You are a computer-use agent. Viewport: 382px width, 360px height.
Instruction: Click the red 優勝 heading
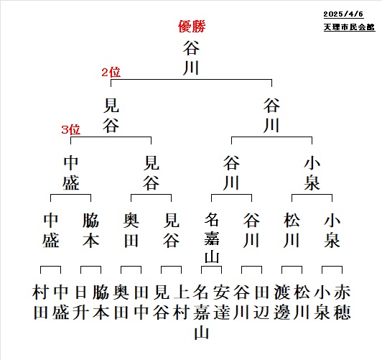point(192,27)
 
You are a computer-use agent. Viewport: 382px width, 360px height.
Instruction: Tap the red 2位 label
point(111,73)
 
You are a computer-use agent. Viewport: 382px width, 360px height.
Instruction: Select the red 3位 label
point(70,129)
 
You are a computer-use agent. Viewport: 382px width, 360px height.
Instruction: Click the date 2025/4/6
point(343,14)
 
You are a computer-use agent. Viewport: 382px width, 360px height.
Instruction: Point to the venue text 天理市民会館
point(349,27)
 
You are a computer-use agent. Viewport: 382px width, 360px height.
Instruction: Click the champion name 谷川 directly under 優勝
point(191,58)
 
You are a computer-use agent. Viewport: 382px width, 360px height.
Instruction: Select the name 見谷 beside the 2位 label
point(111,115)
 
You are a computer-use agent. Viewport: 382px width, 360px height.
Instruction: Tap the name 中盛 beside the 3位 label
point(71,173)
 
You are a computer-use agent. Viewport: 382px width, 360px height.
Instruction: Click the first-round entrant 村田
point(40,303)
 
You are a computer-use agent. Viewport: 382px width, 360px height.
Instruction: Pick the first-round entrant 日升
point(81,303)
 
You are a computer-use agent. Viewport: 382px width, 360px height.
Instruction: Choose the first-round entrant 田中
point(141,303)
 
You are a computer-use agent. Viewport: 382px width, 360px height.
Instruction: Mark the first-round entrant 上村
point(182,303)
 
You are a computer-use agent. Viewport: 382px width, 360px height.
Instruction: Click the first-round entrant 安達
point(221,303)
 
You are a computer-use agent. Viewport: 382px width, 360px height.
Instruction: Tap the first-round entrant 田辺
point(261,303)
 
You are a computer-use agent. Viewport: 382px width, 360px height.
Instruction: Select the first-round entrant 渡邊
point(282,303)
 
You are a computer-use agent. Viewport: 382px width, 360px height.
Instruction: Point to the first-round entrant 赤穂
point(343,303)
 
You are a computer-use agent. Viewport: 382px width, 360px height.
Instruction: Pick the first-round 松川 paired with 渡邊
point(302,303)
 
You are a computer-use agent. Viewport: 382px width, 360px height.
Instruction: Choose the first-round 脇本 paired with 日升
point(101,303)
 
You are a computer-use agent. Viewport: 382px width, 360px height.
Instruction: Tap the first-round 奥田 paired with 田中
point(121,303)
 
